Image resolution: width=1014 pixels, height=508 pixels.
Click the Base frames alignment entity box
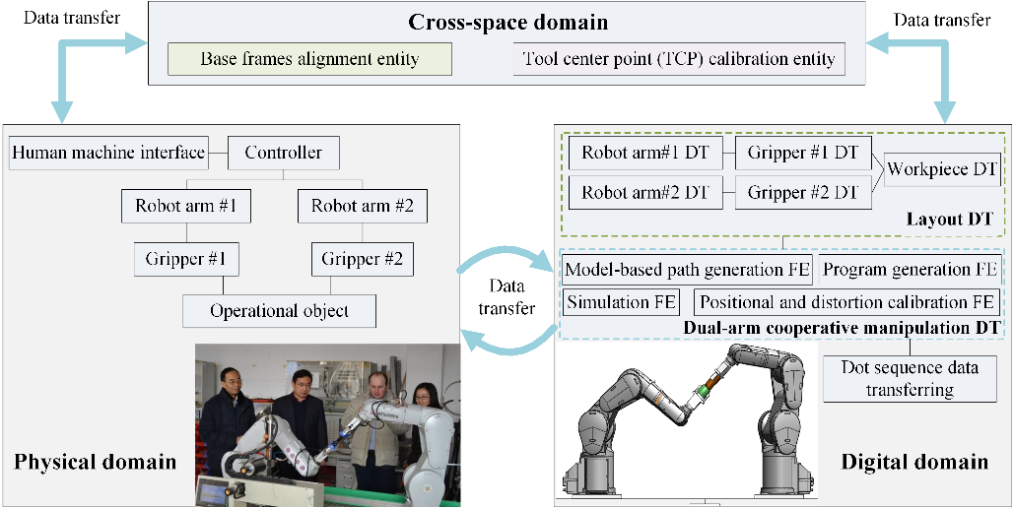[x=309, y=59]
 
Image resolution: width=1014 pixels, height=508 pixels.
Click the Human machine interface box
[x=108, y=153]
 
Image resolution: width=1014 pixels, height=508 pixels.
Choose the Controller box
[x=283, y=153]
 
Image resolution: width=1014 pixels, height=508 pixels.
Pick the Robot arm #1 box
[x=186, y=207]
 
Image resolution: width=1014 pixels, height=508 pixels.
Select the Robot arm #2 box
[x=362, y=207]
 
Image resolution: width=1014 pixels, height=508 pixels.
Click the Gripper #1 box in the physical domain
[x=186, y=260]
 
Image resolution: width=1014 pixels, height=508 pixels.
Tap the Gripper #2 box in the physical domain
[x=362, y=260]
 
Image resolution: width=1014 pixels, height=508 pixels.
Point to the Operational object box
[x=279, y=311]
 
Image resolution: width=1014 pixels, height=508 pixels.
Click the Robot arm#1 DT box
[x=643, y=153]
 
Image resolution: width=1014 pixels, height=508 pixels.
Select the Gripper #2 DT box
[x=803, y=191]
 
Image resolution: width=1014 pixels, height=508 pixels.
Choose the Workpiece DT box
[x=942, y=169]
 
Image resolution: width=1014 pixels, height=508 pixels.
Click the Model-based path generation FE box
[x=687, y=269]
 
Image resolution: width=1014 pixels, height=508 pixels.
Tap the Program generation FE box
[x=910, y=269]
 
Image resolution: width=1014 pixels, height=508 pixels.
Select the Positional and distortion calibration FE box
[x=846, y=302]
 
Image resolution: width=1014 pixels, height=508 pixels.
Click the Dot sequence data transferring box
[x=910, y=379]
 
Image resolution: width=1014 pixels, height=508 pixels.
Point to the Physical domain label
[x=95, y=461]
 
